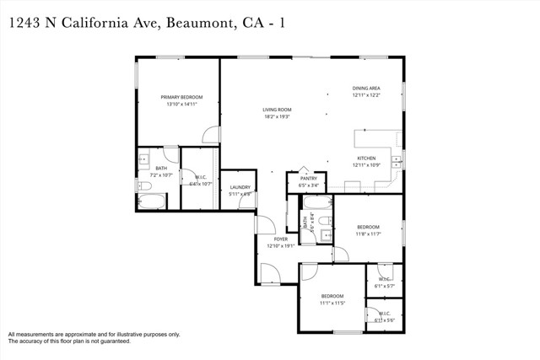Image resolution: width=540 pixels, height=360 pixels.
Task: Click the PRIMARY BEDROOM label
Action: tap(182, 97)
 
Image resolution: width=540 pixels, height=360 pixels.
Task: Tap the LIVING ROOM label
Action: tap(277, 110)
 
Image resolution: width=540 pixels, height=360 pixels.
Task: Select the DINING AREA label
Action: tap(366, 88)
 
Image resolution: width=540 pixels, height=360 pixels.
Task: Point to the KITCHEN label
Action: tap(365, 158)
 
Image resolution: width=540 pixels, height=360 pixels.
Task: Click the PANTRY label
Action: tap(307, 178)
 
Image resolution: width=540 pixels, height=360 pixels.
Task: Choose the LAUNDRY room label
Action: tap(240, 187)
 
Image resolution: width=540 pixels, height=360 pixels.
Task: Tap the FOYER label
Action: tap(280, 239)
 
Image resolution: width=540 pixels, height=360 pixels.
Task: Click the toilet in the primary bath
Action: tap(144, 185)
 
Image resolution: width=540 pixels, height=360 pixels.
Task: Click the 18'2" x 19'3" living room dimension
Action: tap(277, 117)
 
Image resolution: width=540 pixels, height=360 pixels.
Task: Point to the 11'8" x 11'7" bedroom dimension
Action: tap(368, 234)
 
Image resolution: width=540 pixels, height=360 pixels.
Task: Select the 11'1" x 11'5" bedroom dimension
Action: tap(332, 303)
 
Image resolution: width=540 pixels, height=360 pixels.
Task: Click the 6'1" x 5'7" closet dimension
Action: tap(385, 286)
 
